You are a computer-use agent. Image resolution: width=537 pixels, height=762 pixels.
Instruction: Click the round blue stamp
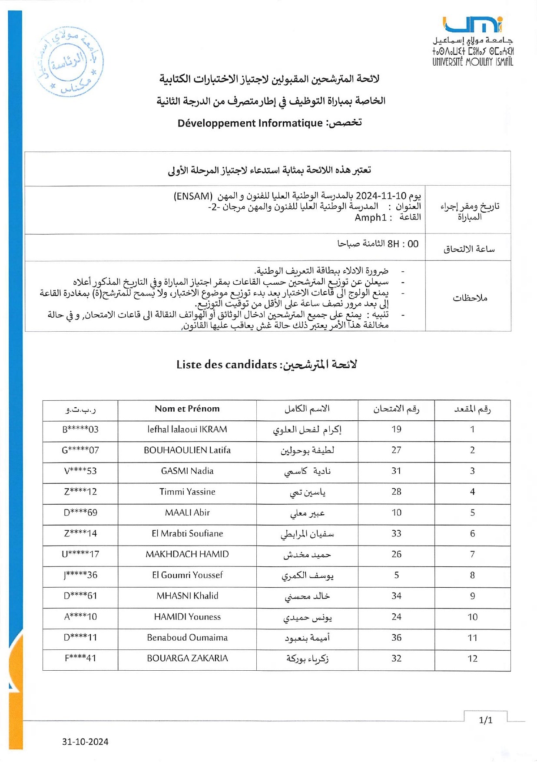coord(68,61)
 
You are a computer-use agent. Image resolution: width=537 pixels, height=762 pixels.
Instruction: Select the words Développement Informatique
coord(250,123)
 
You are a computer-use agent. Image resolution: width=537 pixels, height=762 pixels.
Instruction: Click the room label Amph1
coord(370,217)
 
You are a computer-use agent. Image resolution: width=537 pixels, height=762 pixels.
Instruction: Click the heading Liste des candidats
coord(226,365)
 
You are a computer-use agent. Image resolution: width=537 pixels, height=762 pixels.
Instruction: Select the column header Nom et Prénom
coord(187,409)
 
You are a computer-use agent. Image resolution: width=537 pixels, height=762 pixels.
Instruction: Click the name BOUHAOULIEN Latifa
coord(187,450)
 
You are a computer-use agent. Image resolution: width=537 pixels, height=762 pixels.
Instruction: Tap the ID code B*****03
coord(80,429)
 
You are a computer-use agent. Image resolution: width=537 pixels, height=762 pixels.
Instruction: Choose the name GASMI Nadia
coord(187,471)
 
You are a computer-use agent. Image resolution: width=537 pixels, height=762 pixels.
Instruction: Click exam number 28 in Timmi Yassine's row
coord(396,492)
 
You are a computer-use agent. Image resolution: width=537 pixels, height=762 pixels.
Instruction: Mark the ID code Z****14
coord(80,533)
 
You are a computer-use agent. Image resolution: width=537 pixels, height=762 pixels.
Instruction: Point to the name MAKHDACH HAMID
coord(187,554)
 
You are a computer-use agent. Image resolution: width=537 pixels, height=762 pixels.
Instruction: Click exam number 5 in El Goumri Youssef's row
coord(396,575)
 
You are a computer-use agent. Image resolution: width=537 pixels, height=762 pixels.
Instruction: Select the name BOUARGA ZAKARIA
coord(187,659)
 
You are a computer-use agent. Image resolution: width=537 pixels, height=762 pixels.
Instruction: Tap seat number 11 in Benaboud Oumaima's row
coord(472,638)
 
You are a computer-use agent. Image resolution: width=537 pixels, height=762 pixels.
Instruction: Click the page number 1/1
coord(485,720)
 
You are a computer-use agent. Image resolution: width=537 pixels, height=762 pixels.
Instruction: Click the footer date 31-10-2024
coord(85,742)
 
